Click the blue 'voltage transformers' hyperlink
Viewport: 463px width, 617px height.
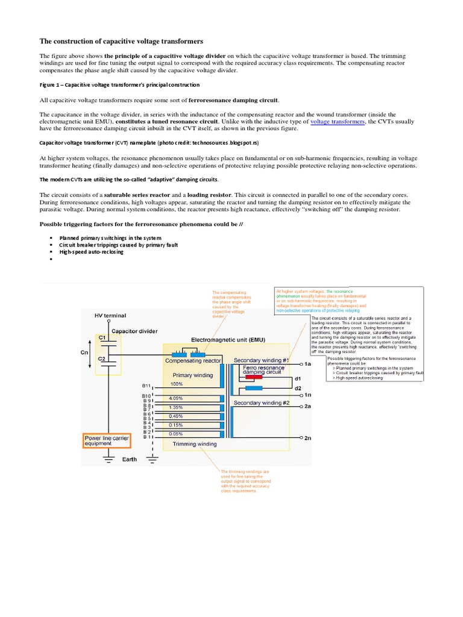pyautogui.click(x=337, y=121)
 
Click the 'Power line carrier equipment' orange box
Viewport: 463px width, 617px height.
pyautogui.click(x=106, y=440)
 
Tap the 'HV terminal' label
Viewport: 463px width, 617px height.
pyautogui.click(x=111, y=315)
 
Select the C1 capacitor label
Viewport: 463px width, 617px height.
pyautogui.click(x=103, y=338)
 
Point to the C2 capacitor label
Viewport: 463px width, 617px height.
pyautogui.click(x=103, y=359)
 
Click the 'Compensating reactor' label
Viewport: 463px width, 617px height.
pyautogui.click(x=194, y=360)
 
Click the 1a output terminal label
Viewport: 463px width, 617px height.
pyautogui.click(x=307, y=365)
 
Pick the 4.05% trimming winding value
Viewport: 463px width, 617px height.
pyautogui.click(x=176, y=398)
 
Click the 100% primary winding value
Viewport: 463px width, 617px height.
pyautogui.click(x=177, y=384)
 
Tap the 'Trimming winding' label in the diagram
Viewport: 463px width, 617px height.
pyautogui.click(x=194, y=444)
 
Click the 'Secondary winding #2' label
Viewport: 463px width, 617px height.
pyautogui.click(x=262, y=402)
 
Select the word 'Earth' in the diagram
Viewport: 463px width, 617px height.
pyautogui.click(x=129, y=459)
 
